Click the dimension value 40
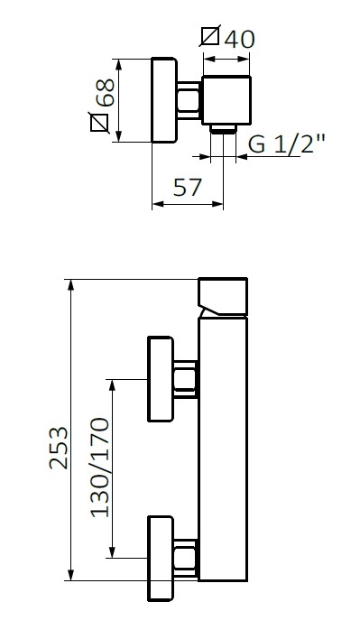click(x=240, y=39)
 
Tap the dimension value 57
click(x=186, y=188)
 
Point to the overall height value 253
click(x=59, y=449)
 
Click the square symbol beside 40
click(x=211, y=38)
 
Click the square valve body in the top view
click(x=226, y=100)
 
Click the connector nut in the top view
click(x=189, y=99)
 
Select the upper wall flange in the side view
click(x=161, y=379)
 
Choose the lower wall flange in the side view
click(x=161, y=559)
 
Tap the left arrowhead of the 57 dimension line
click(x=156, y=204)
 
